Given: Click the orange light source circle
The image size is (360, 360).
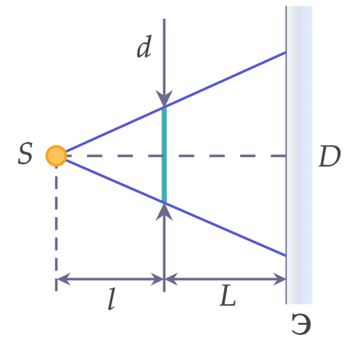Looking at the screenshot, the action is click(x=56, y=156).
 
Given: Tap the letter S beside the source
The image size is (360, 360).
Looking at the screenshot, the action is click(x=26, y=153).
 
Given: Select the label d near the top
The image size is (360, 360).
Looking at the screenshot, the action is click(x=144, y=47).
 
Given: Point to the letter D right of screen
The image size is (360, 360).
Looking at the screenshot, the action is click(x=330, y=156).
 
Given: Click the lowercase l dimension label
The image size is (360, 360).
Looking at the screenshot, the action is click(x=112, y=299).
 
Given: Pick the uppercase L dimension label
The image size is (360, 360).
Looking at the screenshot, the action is click(x=227, y=296).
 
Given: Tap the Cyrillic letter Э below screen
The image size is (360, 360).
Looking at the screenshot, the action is click(x=301, y=324).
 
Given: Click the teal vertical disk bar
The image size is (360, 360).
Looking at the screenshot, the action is click(x=164, y=155).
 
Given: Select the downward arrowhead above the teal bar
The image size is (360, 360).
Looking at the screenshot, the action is click(x=164, y=98).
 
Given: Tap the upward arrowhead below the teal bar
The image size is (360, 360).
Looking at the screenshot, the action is click(x=164, y=212).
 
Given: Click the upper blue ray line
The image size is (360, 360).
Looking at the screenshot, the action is click(x=176, y=102).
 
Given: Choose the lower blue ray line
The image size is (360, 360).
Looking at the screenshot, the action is click(x=176, y=207).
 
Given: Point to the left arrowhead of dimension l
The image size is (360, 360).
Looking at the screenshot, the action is click(x=64, y=279).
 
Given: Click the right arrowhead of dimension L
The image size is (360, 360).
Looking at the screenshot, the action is click(x=280, y=279).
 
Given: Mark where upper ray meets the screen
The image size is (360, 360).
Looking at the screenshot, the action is click(x=286, y=52).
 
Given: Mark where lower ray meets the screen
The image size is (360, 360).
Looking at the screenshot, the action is click(x=286, y=256).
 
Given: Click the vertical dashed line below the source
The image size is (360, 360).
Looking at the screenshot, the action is click(x=56, y=229).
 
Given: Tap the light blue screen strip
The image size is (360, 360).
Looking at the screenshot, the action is click(x=299, y=155).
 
